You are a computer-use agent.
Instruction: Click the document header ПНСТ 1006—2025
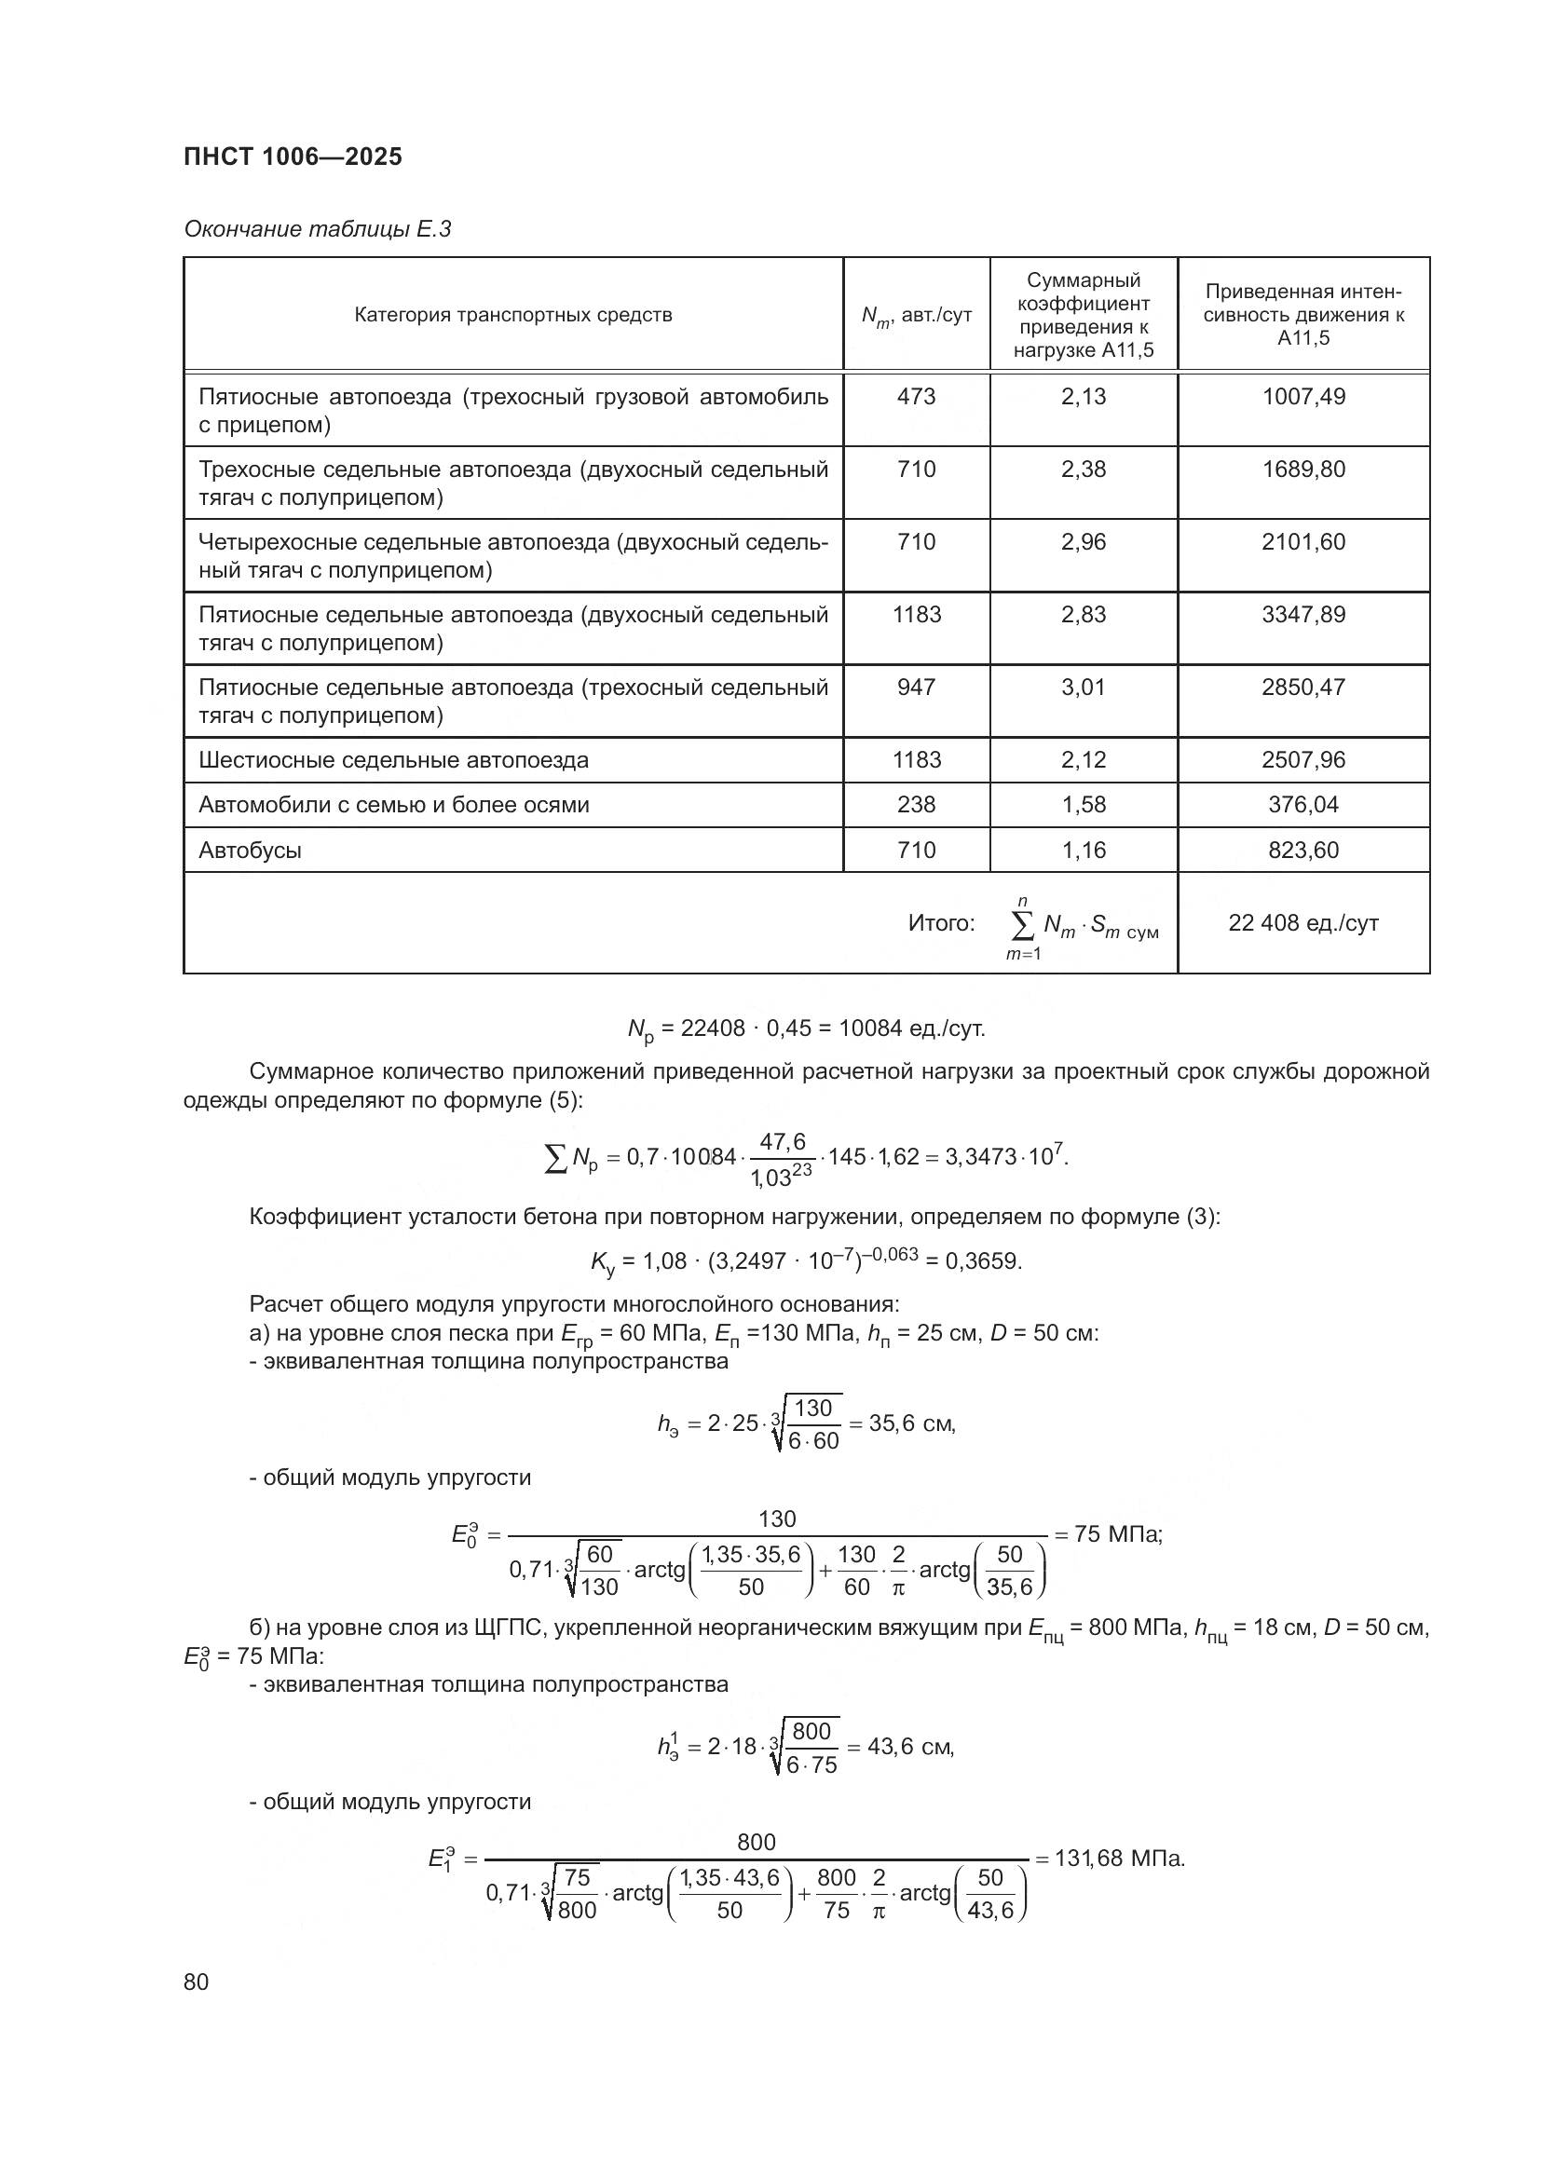(x=293, y=157)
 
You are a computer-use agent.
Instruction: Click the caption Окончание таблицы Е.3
(x=317, y=229)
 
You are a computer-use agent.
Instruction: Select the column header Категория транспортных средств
(x=512, y=315)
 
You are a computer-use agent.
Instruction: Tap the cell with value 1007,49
(x=1302, y=397)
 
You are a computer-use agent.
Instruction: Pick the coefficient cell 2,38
(x=1083, y=470)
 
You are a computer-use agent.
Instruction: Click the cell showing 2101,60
(x=1302, y=542)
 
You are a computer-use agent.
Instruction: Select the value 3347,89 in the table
(x=1302, y=615)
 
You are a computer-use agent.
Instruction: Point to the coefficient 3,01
(x=1083, y=688)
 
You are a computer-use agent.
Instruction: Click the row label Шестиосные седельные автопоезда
(x=393, y=760)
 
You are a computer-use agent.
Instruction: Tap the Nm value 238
(x=916, y=805)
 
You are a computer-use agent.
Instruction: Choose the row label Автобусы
(x=250, y=851)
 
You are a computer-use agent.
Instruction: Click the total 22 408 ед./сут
(x=1302, y=922)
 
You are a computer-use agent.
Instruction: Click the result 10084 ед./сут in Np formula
(x=911, y=1028)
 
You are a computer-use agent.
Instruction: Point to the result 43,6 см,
(x=910, y=1746)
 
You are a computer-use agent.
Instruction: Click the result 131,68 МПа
(x=1120, y=1858)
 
